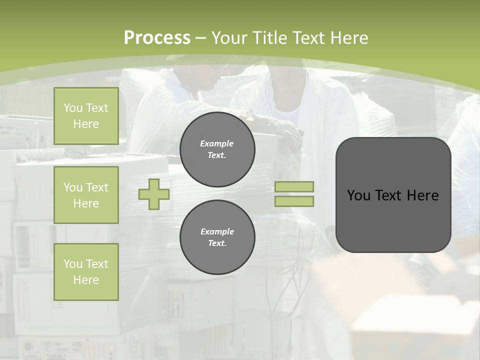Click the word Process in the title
[157, 38]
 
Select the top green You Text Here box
[86, 116]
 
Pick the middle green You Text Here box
[86, 195]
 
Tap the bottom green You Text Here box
[86, 272]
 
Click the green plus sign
[154, 194]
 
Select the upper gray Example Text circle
[217, 149]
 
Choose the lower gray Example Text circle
[217, 237]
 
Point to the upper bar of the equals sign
[294, 187]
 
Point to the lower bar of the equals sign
[294, 201]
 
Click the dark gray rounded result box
[393, 220]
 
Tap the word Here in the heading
[345, 38]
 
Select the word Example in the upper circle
[216, 143]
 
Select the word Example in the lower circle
[217, 231]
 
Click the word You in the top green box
[72, 108]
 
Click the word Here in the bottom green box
[86, 280]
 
